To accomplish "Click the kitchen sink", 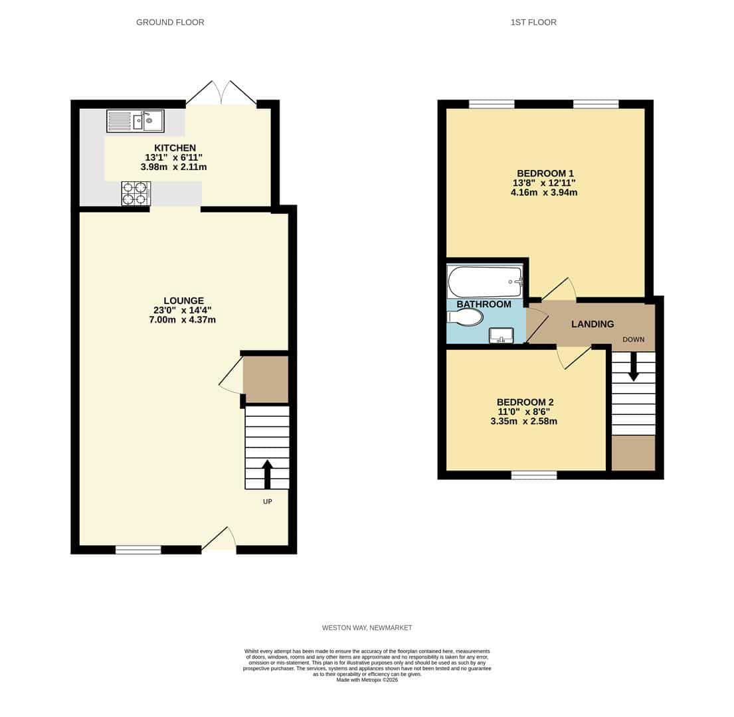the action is (x=136, y=121).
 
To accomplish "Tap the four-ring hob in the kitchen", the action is (x=136, y=194).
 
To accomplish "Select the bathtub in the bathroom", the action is (x=485, y=281).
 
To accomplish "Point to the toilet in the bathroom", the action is (x=465, y=317).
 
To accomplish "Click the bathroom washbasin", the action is (x=501, y=335).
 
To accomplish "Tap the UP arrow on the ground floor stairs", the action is (x=267, y=474).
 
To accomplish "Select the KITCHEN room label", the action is (x=175, y=148).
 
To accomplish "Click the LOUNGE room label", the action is (x=183, y=301).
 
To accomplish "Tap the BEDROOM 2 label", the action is (x=525, y=402).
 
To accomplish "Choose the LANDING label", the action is (x=593, y=324).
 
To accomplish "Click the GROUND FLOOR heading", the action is (x=170, y=23).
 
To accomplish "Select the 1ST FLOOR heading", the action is (x=533, y=23).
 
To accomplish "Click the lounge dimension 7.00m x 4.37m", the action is (x=182, y=320).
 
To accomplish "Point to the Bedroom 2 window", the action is (x=534, y=475).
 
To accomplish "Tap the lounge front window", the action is (x=138, y=550).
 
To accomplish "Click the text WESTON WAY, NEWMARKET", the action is (x=367, y=627).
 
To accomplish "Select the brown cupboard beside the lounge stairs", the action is (x=266, y=379).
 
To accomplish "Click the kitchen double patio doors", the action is (x=221, y=94).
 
